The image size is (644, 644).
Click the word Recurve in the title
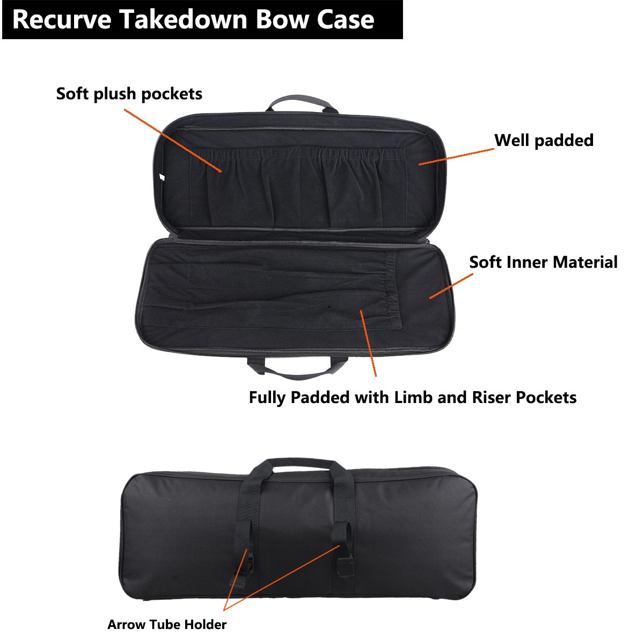point(62,20)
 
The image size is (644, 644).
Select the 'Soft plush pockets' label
point(129,94)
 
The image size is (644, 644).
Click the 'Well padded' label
point(544,141)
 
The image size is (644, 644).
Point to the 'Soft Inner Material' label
point(543,262)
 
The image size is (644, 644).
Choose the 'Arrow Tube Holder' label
point(167,625)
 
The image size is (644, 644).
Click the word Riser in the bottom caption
point(492,398)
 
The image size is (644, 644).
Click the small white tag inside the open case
point(162,177)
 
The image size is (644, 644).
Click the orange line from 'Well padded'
point(456,156)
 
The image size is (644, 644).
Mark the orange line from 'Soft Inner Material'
point(451,286)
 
